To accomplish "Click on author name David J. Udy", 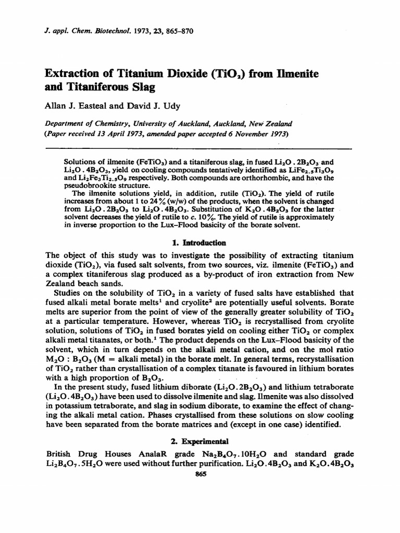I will (x=157, y=106).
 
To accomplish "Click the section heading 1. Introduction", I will (x=199, y=243).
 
